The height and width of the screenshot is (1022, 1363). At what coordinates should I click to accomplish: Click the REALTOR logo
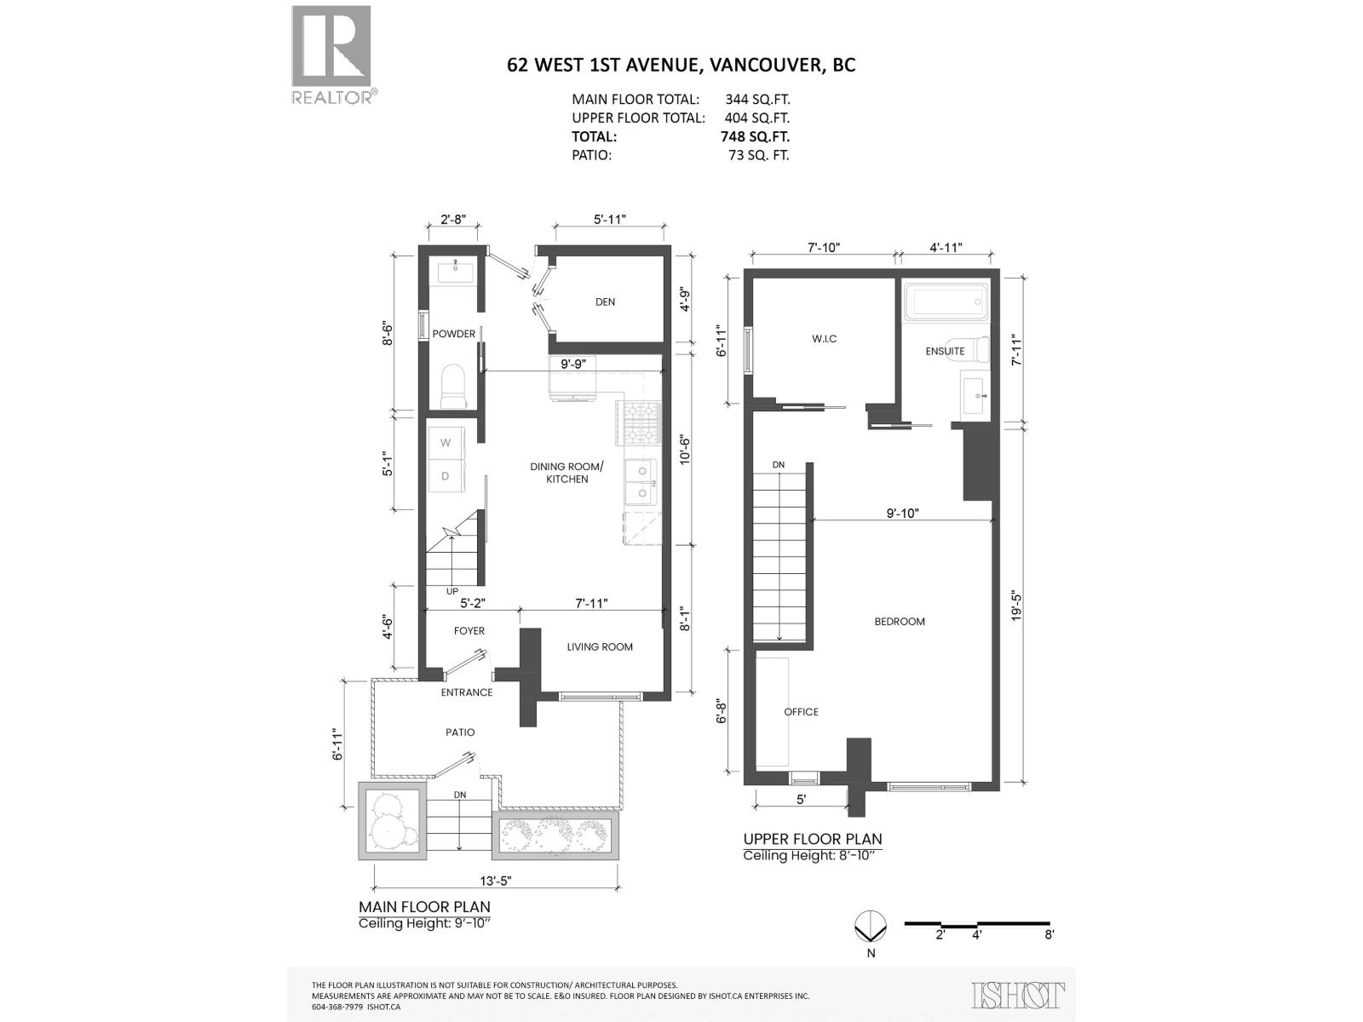[x=331, y=54]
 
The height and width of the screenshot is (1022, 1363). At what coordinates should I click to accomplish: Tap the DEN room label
[x=605, y=302]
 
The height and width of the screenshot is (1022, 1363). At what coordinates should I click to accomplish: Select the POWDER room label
[x=453, y=334]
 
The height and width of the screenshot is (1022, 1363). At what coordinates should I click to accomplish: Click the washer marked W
[x=445, y=443]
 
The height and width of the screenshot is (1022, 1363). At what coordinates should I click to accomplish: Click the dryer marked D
[x=445, y=476]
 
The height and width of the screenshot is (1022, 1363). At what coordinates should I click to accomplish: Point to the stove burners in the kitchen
[x=641, y=422]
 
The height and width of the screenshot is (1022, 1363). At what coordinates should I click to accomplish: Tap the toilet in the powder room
[x=452, y=387]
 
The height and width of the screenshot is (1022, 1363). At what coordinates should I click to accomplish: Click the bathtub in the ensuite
[x=945, y=302]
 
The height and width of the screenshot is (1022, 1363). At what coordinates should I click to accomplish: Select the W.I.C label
[x=824, y=339]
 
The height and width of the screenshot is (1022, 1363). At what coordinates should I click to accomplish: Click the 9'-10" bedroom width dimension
[x=902, y=513]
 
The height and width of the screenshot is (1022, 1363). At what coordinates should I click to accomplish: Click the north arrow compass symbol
[x=871, y=927]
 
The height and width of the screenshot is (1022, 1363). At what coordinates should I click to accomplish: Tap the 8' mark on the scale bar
[x=1049, y=934]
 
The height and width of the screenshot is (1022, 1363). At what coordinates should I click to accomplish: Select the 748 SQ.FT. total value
[x=755, y=136]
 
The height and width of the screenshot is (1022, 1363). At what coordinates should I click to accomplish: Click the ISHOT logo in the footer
[x=1018, y=995]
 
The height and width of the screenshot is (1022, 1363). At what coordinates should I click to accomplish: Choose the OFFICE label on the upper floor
[x=801, y=712]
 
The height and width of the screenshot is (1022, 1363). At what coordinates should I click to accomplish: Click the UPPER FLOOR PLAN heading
[x=812, y=839]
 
